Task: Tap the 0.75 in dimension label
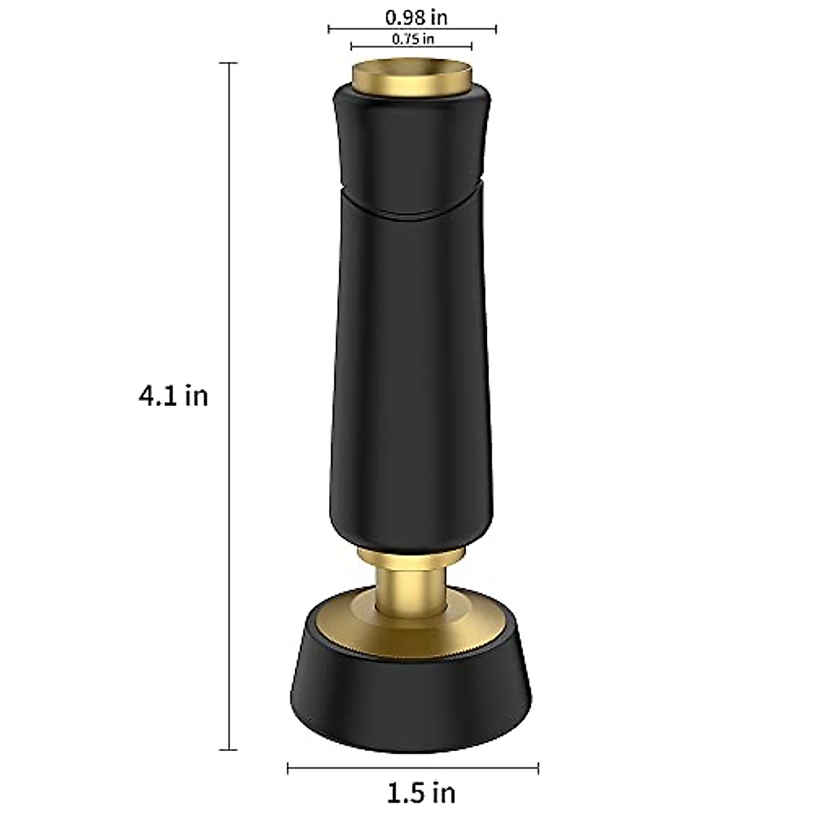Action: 412,38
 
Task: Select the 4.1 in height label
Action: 173,395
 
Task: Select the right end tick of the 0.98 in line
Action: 496,28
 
